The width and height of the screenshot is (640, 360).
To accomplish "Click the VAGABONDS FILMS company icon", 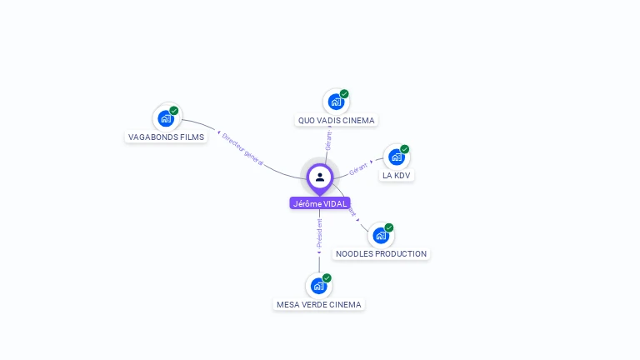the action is point(166,118).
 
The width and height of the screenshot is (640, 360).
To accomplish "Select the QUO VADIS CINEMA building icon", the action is point(336,102).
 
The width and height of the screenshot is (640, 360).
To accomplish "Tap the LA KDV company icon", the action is point(397,157).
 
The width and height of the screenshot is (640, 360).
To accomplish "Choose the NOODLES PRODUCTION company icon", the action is point(381,235).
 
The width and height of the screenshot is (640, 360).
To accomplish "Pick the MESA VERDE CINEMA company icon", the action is point(318,286).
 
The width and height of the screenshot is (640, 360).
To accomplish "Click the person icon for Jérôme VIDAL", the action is point(320,177).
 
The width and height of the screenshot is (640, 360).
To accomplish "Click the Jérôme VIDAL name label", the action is point(320,203).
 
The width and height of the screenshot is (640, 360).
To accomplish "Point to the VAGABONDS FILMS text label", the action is point(166,137).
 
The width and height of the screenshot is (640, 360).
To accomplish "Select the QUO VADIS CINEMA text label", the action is point(337,120).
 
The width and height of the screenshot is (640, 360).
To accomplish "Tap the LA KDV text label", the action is point(397,175).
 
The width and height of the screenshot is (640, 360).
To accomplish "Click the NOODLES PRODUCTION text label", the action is point(381,253).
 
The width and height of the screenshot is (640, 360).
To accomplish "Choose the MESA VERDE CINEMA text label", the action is point(319,304).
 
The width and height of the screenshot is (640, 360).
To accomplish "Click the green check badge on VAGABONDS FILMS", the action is point(174,111).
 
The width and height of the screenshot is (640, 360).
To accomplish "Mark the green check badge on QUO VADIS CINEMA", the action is point(344,94).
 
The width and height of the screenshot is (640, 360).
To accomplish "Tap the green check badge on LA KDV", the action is point(405,149).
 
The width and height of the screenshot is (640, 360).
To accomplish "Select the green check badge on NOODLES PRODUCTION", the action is point(389,227).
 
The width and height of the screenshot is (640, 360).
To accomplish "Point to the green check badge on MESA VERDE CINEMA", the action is point(327,278).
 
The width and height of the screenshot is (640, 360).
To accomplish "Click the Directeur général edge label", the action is point(242,149).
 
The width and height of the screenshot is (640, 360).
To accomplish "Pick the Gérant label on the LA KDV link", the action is point(359,168).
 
